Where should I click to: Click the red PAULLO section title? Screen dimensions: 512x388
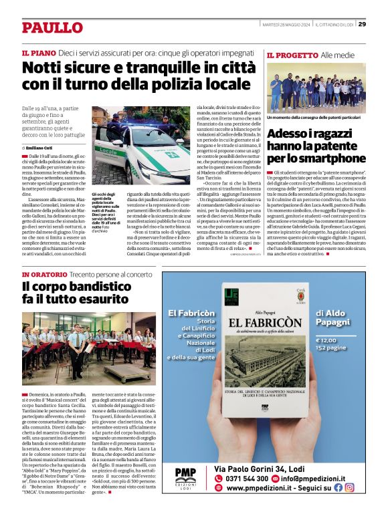[x=52, y=27]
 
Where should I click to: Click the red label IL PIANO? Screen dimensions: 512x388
[x=39, y=52]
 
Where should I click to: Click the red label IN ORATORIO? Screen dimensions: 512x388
[x=44, y=275]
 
